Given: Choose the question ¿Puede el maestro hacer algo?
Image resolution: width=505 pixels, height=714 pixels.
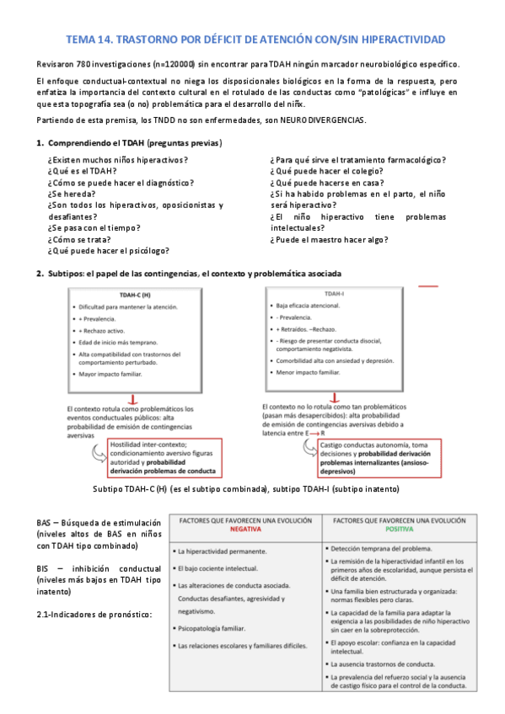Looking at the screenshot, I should [330, 239].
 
